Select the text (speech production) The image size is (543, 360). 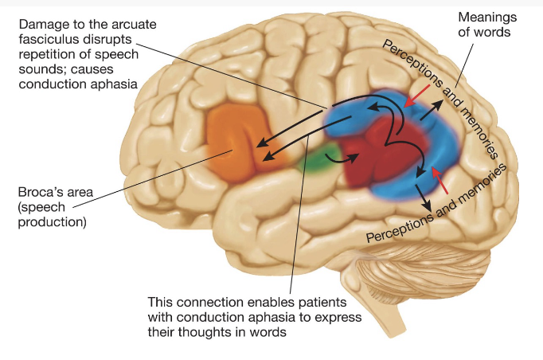pyautogui.click(x=51, y=214)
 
